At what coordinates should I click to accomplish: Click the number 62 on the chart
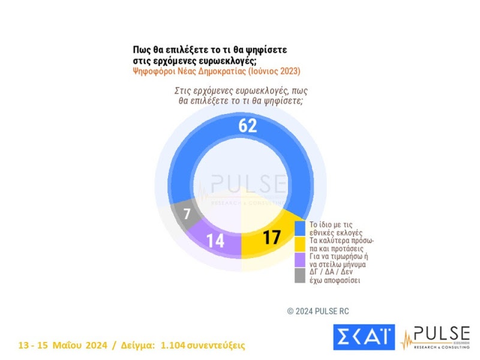click(x=247, y=125)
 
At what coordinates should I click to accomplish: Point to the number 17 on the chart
click(x=272, y=237)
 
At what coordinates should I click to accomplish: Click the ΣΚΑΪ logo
click(x=364, y=337)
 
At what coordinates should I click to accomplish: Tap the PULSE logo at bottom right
click(x=436, y=337)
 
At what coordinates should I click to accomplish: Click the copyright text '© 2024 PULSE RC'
click(x=317, y=311)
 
